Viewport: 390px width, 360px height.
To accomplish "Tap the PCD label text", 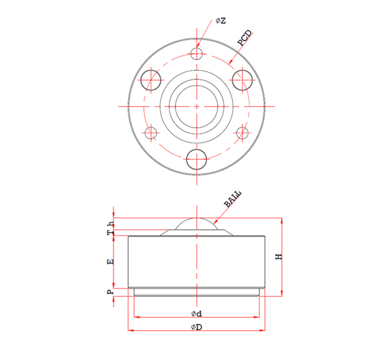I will (x=245, y=38).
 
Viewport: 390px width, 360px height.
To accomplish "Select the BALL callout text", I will (x=233, y=199).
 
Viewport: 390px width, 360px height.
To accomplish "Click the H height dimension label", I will (x=278, y=256).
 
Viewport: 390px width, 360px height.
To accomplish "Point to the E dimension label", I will (x=110, y=262).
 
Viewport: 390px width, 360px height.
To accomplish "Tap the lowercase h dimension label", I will (x=110, y=224).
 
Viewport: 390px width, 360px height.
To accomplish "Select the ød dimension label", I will (x=196, y=314).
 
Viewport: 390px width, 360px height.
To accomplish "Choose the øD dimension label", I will (x=196, y=328).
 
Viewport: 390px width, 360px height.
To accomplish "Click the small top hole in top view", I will (x=197, y=54).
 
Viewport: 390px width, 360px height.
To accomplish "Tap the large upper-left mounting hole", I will (x=151, y=79).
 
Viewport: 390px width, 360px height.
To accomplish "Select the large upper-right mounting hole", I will (x=242, y=79).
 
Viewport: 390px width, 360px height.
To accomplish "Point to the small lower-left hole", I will (x=151, y=133).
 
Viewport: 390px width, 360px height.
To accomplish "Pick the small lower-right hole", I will (x=242, y=133).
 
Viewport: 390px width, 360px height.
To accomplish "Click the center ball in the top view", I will (x=197, y=106).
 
